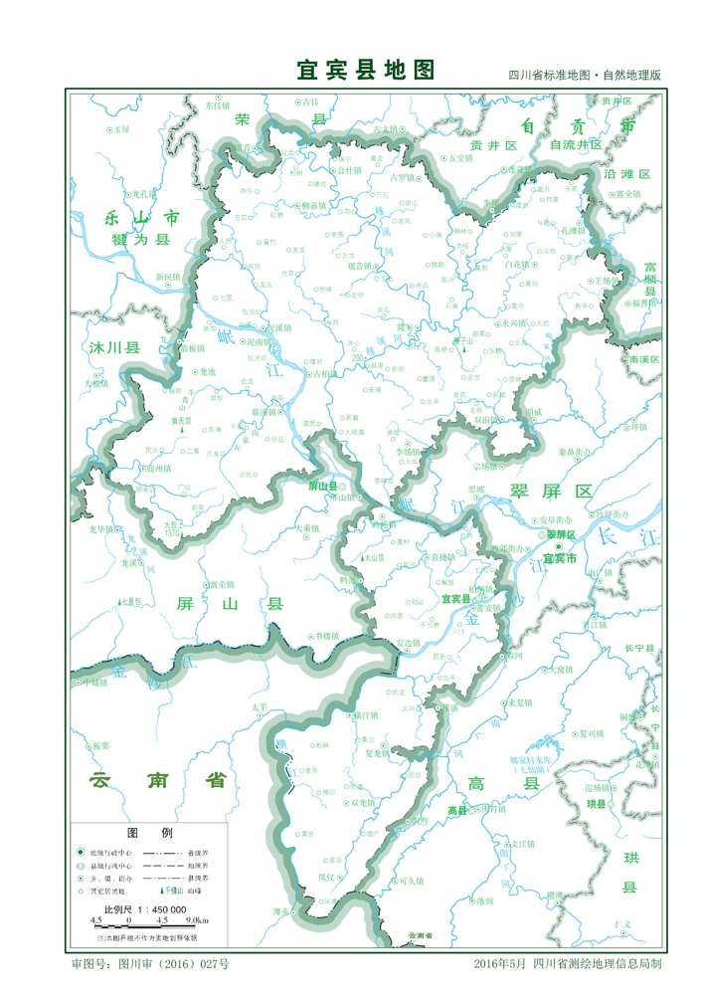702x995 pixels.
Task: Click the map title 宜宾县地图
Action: pos(366,70)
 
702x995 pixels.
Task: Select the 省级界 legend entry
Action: pos(198,853)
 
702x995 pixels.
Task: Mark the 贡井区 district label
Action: pos(494,145)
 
